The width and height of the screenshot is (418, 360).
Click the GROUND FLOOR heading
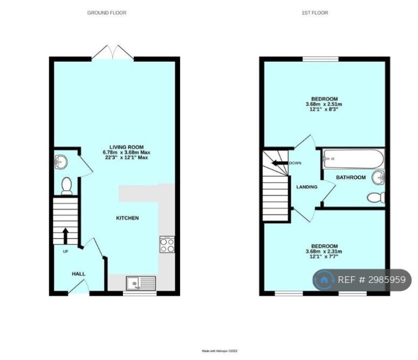point(107,13)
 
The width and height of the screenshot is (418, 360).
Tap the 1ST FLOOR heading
point(315,13)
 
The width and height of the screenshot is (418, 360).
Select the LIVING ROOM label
point(126,147)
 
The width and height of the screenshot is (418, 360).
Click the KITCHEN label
point(127,218)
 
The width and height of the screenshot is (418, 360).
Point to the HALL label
point(78,273)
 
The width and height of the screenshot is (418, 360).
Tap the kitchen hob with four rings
point(167,245)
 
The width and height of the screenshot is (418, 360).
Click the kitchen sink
point(141,283)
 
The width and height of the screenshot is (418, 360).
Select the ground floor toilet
point(66,186)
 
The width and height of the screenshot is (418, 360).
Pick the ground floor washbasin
point(60,162)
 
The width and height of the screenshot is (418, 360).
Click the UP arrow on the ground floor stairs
point(65,236)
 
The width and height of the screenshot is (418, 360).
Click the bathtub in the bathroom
point(353,158)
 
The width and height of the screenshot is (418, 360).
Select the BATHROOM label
point(351,178)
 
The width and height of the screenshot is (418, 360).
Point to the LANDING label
point(307,187)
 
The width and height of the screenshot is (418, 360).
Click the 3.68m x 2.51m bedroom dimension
point(324,104)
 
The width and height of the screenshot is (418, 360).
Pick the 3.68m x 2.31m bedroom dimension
point(324,251)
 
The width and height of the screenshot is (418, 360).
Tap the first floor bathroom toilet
point(376,197)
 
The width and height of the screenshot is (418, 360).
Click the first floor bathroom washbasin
point(378,178)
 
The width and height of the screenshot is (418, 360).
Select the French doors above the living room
point(113,52)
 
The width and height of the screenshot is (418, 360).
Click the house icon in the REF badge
point(324,280)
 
